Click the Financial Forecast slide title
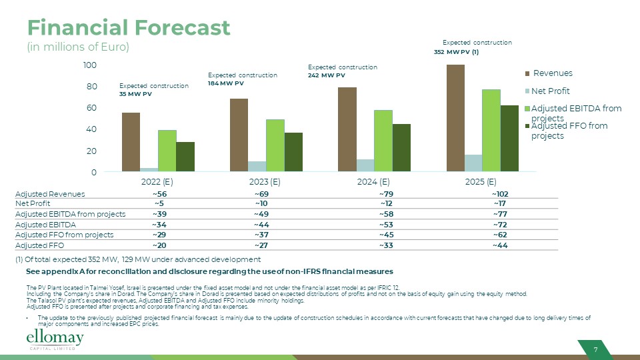click(x=129, y=28)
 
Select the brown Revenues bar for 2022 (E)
click(x=131, y=142)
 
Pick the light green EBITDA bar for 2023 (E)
click(x=275, y=145)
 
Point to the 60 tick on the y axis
click(x=89, y=108)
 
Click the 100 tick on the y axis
click(x=89, y=65)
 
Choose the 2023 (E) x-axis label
click(x=265, y=181)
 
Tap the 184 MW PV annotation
click(x=226, y=84)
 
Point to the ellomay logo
click(x=55, y=340)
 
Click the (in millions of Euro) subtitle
click(x=77, y=47)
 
